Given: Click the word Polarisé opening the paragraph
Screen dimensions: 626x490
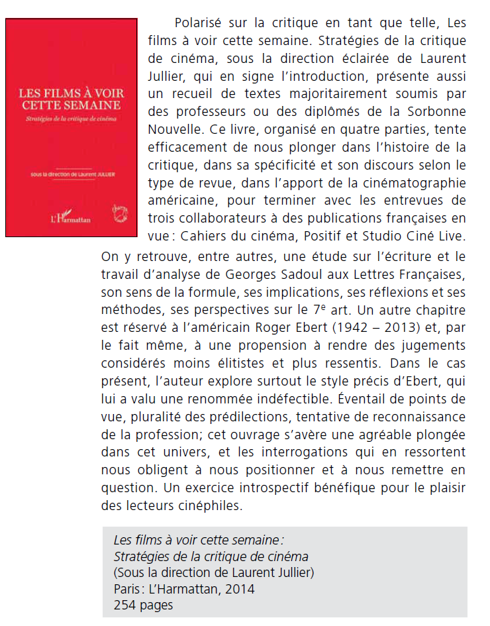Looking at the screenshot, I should coord(197,25).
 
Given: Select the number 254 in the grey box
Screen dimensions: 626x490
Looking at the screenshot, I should coord(124,605).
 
